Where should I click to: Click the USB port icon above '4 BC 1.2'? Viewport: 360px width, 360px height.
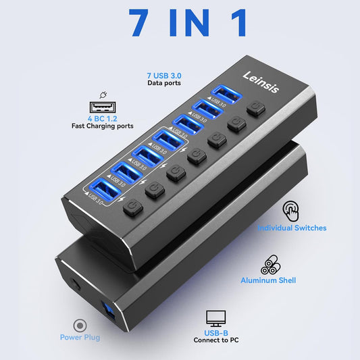[x=101, y=107]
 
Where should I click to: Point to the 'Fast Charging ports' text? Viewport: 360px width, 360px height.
[x=101, y=126]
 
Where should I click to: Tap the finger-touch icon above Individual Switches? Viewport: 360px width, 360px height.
[x=291, y=211]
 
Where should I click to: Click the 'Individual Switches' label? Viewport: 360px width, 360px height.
[x=291, y=228]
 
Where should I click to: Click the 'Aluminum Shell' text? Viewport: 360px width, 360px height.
[x=268, y=280]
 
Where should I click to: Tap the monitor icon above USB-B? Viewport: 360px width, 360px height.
[x=216, y=317]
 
